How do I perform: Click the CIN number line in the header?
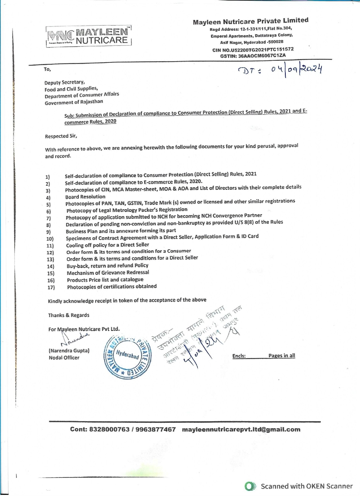[253, 50]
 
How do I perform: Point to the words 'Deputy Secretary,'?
[65, 83]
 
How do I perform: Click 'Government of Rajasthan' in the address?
[74, 102]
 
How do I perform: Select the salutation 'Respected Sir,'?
[61, 136]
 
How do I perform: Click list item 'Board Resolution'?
[85, 197]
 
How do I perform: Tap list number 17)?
[51, 287]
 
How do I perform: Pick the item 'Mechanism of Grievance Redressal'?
[108, 273]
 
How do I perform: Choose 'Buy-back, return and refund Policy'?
[107, 266]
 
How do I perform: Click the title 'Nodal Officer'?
[64, 358]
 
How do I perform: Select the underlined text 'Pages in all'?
[282, 356]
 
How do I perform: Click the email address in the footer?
[241, 430]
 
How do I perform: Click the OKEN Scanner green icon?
[250, 486]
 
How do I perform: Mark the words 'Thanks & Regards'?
[69, 315]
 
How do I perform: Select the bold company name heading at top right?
[250, 21]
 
